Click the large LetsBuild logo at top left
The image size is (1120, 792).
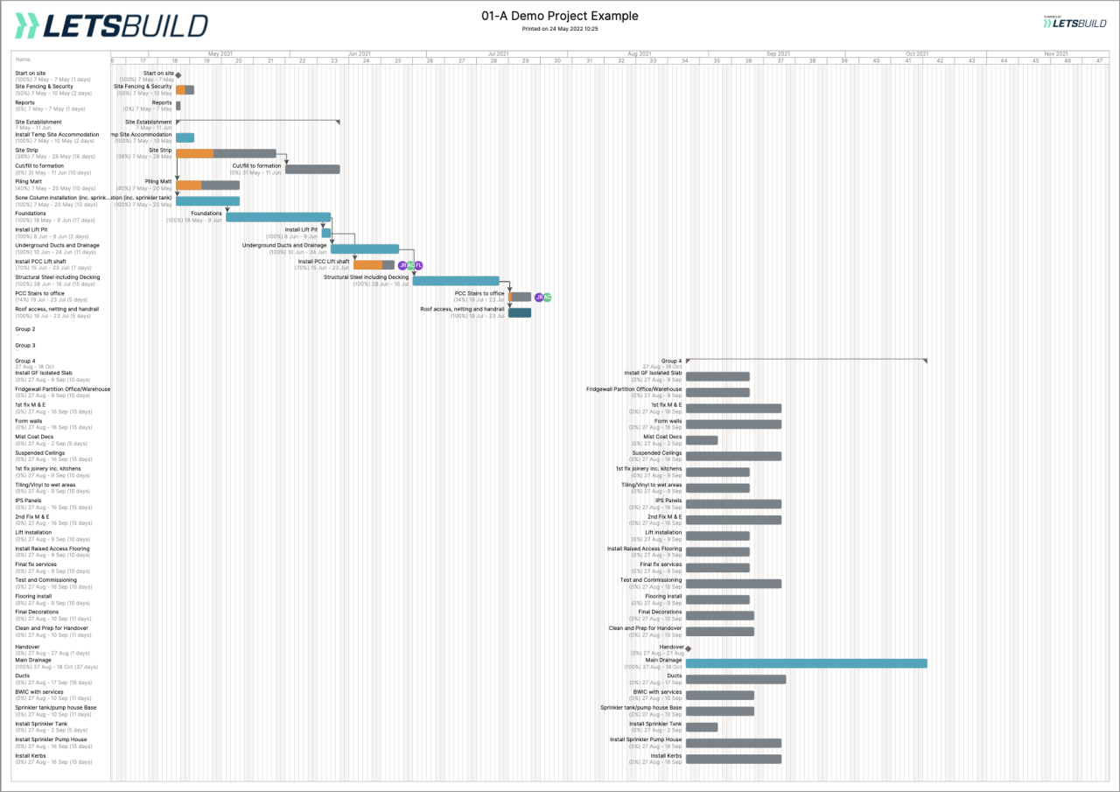[112, 26]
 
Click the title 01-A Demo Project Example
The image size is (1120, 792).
[560, 16]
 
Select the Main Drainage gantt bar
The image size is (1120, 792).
[806, 663]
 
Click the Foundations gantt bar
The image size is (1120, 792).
[278, 217]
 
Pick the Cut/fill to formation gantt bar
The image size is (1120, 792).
[312, 169]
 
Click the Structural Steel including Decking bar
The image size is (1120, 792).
[456, 281]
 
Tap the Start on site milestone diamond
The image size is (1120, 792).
[178, 75]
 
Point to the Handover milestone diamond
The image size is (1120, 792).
[689, 648]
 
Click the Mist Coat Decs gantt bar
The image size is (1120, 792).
[702, 440]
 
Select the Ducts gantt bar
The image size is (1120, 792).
[736, 679]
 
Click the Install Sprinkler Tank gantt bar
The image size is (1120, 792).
[702, 727]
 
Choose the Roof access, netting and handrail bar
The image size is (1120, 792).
[520, 312]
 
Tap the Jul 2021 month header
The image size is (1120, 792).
[498, 54]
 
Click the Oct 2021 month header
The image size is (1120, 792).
[916, 54]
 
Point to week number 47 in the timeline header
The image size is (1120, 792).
[1099, 60]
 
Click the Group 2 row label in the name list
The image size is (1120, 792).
[25, 329]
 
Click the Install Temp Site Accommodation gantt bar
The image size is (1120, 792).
[185, 137]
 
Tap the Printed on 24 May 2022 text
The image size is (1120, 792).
[560, 29]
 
